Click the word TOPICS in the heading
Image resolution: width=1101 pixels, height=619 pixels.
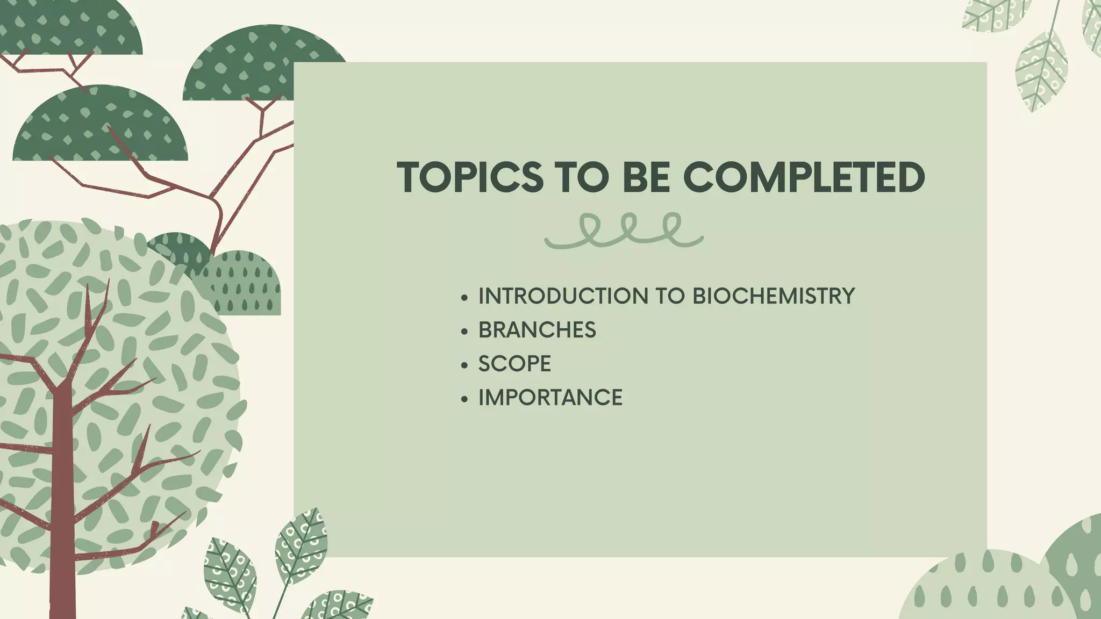[x=470, y=177]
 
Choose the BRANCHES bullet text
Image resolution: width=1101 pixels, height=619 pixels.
[x=537, y=330]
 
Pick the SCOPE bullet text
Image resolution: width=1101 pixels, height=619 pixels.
[x=514, y=364]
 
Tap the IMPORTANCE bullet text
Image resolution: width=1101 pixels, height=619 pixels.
[x=550, y=398]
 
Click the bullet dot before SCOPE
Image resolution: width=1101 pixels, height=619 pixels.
[x=464, y=365]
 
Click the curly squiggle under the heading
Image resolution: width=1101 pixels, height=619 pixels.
[x=624, y=231]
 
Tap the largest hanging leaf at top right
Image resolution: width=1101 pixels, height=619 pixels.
[x=1041, y=70]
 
